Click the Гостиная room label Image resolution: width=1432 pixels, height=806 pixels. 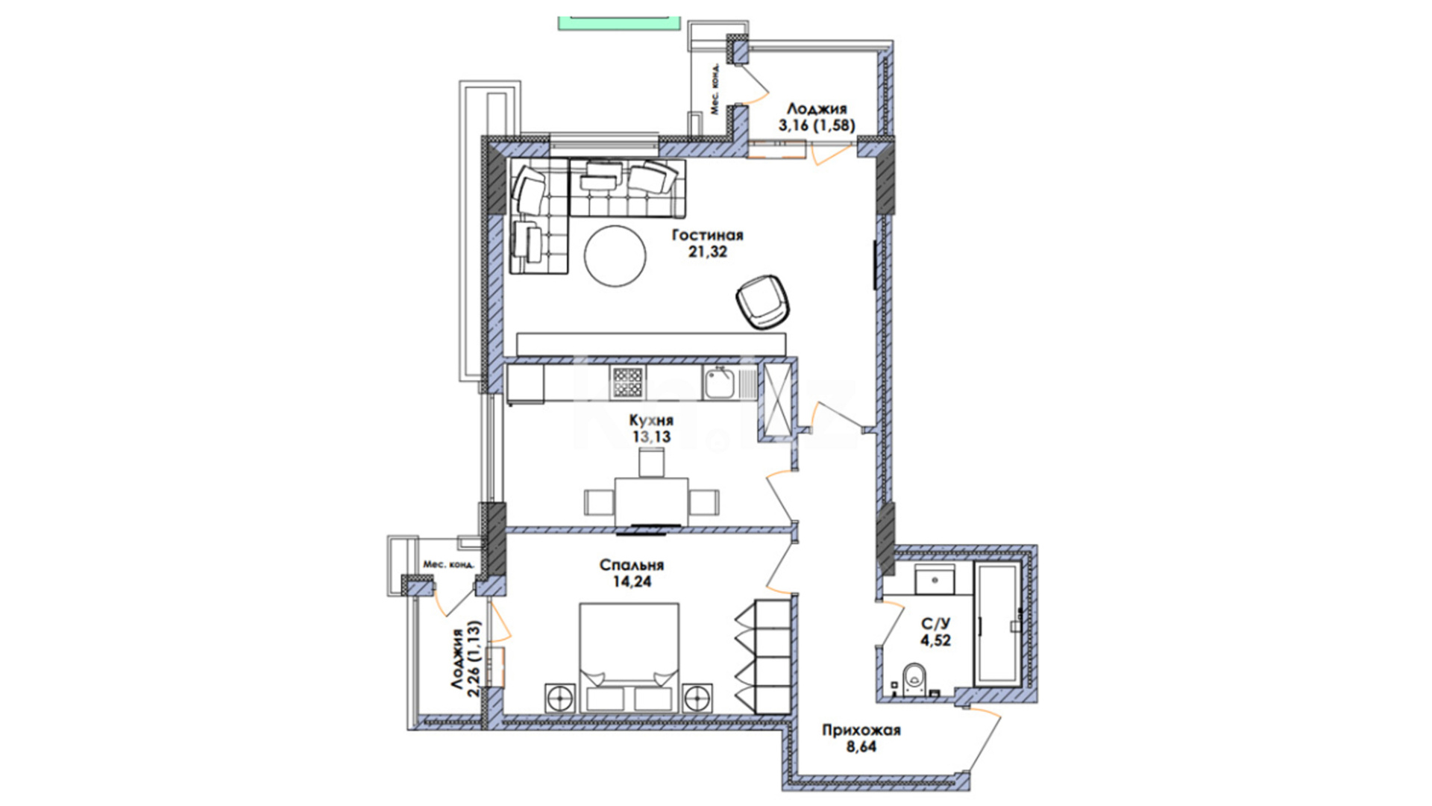707,236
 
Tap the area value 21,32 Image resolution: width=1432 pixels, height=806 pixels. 707,252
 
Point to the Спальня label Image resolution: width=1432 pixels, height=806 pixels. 632,565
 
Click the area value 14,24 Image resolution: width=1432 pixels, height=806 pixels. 632,581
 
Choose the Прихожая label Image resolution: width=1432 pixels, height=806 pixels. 861,731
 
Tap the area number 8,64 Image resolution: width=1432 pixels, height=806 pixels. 861,746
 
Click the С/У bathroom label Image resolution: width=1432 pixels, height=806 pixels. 935,624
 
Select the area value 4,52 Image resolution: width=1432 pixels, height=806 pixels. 935,640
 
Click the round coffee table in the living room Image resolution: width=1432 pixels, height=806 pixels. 615,255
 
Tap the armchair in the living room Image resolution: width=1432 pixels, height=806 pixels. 761,301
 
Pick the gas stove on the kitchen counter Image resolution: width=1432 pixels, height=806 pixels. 626,383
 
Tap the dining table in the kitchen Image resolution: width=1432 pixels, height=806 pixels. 651,502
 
